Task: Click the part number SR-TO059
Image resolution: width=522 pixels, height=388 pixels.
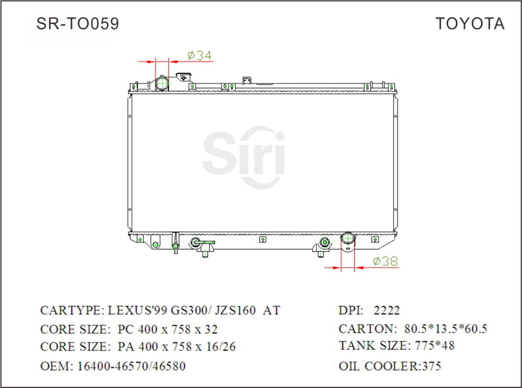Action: pyautogui.click(x=77, y=23)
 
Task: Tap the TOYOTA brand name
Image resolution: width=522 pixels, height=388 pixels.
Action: pyautogui.click(x=469, y=23)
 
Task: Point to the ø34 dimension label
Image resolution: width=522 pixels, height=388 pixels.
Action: pyautogui.click(x=199, y=55)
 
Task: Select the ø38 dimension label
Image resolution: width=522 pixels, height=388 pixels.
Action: pyautogui.click(x=385, y=261)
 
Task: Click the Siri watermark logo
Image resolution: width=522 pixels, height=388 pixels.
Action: pyautogui.click(x=244, y=156)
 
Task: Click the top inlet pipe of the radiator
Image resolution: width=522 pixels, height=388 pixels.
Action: pyautogui.click(x=163, y=83)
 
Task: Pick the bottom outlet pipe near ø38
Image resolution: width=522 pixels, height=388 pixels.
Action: pyautogui.click(x=348, y=240)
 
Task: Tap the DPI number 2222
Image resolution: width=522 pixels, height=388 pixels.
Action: pyautogui.click(x=387, y=311)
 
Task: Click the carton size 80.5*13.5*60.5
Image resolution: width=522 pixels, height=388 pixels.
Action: pyautogui.click(x=445, y=329)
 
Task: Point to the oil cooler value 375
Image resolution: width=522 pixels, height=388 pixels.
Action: pyautogui.click(x=431, y=366)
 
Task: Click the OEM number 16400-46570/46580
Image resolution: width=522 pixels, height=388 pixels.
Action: pyautogui.click(x=131, y=366)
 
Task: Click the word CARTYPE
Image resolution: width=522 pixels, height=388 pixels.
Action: pyautogui.click(x=71, y=311)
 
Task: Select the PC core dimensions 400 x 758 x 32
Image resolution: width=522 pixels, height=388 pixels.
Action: pyautogui.click(x=168, y=329)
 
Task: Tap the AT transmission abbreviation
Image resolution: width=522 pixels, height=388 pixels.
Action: pyautogui.click(x=271, y=311)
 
